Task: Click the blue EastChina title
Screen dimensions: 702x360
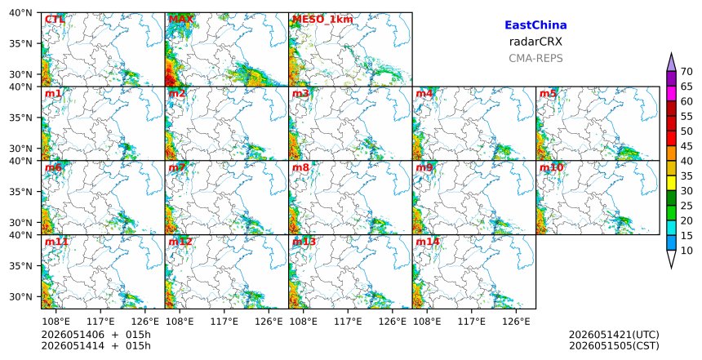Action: coord(535,25)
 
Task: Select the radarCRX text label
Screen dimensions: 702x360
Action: coord(535,42)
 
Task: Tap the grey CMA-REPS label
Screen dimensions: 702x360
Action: coord(535,58)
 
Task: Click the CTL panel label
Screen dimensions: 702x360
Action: coord(55,20)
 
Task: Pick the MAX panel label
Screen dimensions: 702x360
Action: coord(181,20)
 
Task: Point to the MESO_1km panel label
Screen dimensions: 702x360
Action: coord(322,20)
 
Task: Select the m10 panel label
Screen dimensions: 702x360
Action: coord(551,167)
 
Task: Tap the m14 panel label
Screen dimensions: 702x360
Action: coord(428,242)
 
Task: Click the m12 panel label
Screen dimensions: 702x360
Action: coord(180,242)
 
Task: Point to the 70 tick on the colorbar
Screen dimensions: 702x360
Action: coord(686,72)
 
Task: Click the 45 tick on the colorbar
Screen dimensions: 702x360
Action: coord(686,146)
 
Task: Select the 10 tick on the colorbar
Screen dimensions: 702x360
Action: coord(686,251)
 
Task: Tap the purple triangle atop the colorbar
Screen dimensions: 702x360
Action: coord(671,62)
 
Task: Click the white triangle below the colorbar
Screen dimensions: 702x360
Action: coord(671,259)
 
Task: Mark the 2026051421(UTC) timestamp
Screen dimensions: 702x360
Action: coord(614,335)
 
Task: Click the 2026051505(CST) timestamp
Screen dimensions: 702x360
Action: coord(614,345)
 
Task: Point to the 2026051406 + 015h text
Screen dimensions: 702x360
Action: coord(96,335)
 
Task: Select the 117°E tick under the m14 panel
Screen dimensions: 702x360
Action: coord(472,322)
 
